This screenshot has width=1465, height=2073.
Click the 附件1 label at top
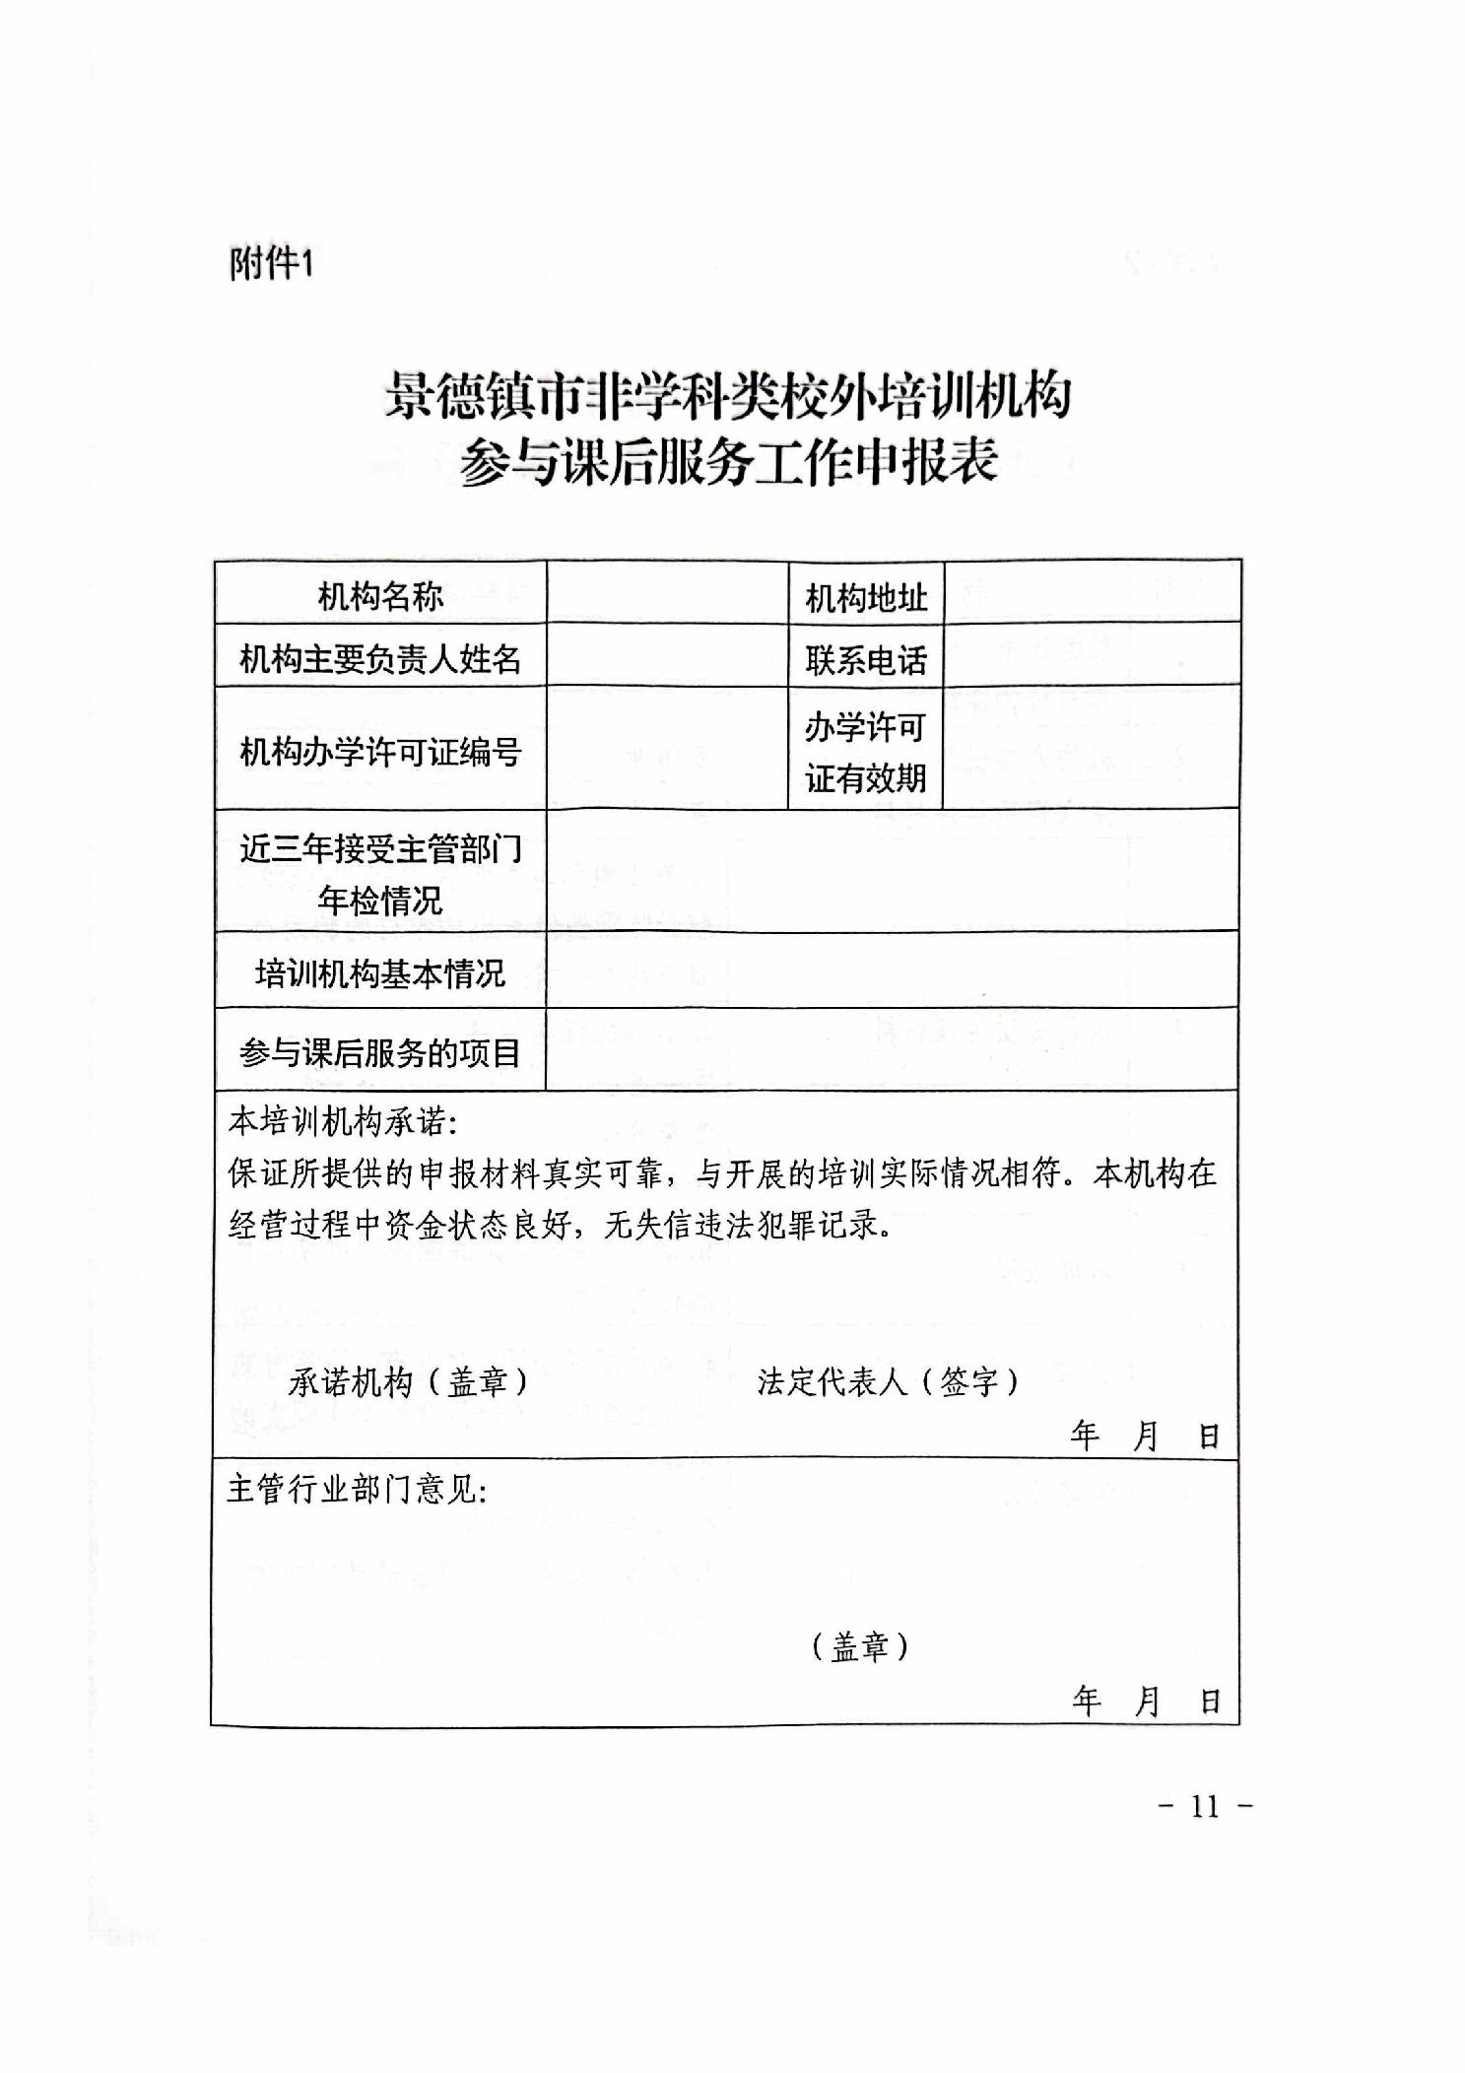click(x=271, y=264)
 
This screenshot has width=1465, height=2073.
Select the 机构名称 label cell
click(x=380, y=595)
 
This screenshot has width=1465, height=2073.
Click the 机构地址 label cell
click(x=866, y=597)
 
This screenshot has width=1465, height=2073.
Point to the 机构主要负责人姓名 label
click(x=380, y=658)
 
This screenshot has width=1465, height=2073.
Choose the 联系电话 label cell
click(x=866, y=659)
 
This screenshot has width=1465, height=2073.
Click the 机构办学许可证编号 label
click(x=380, y=752)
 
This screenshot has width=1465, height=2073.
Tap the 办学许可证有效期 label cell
click(x=866, y=753)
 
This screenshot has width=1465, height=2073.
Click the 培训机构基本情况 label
click(x=380, y=973)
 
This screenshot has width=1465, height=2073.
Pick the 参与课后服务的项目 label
click(x=380, y=1053)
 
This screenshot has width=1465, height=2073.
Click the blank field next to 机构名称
click(x=667, y=594)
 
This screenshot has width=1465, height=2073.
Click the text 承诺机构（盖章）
click(x=408, y=1381)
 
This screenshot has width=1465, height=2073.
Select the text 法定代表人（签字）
click(x=888, y=1381)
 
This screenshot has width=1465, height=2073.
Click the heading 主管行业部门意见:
click(x=358, y=1489)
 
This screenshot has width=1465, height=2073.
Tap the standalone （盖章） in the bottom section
click(x=859, y=1646)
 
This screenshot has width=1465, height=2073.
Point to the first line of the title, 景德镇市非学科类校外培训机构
click(x=728, y=396)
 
